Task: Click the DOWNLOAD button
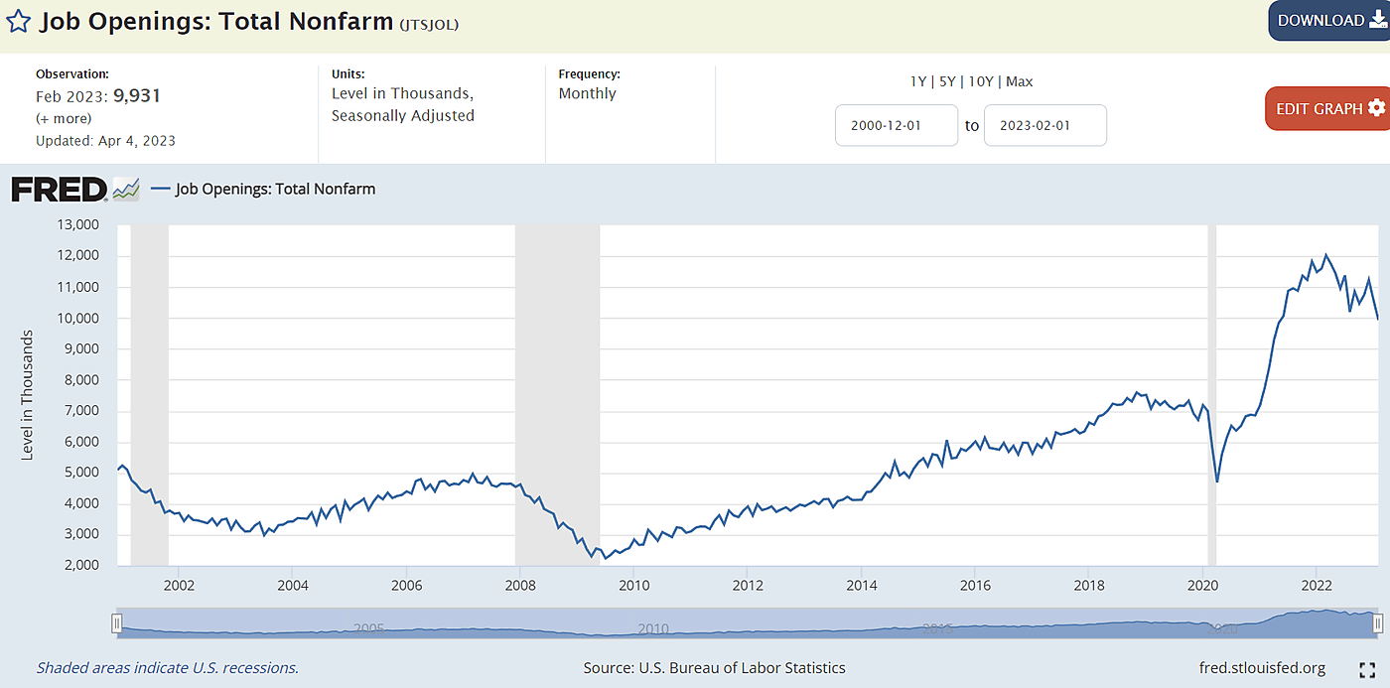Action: click(1327, 20)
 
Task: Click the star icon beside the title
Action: click(18, 21)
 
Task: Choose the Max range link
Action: click(1020, 81)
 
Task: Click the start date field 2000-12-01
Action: click(896, 126)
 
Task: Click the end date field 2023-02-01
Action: click(1044, 126)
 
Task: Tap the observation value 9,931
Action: click(137, 96)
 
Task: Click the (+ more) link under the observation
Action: click(64, 118)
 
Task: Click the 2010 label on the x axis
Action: click(633, 584)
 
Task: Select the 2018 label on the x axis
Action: click(1089, 584)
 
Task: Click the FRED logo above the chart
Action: click(60, 189)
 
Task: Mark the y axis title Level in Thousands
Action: click(28, 393)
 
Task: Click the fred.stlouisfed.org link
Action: click(1262, 667)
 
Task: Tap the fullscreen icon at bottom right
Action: click(1367, 669)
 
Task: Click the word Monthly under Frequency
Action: click(587, 93)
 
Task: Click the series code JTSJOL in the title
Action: click(430, 23)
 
